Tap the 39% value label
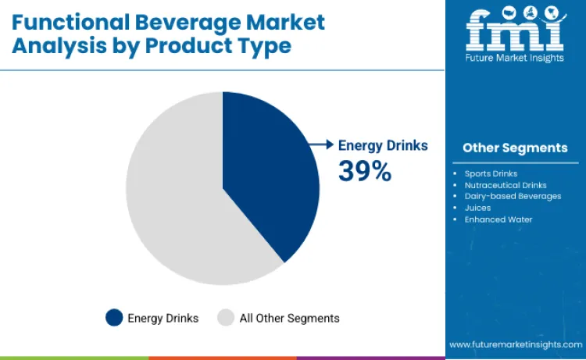(364, 172)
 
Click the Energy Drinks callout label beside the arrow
(382, 145)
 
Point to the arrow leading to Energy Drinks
(319, 144)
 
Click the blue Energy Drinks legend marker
(114, 318)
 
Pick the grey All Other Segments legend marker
(226, 318)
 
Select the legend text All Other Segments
(289, 318)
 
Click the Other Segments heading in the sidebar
(515, 148)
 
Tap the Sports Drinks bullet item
(491, 173)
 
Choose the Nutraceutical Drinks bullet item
(506, 184)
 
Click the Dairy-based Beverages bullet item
(513, 196)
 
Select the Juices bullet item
(477, 208)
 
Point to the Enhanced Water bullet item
(498, 219)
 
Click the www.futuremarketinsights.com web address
(516, 344)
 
